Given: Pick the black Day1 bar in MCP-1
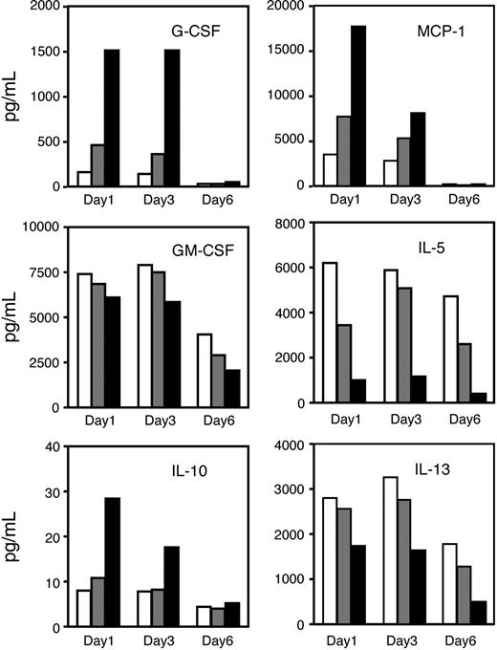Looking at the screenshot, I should point(358,105).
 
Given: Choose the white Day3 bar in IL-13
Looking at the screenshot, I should point(388,551).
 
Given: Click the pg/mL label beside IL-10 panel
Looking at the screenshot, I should point(14,535).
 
